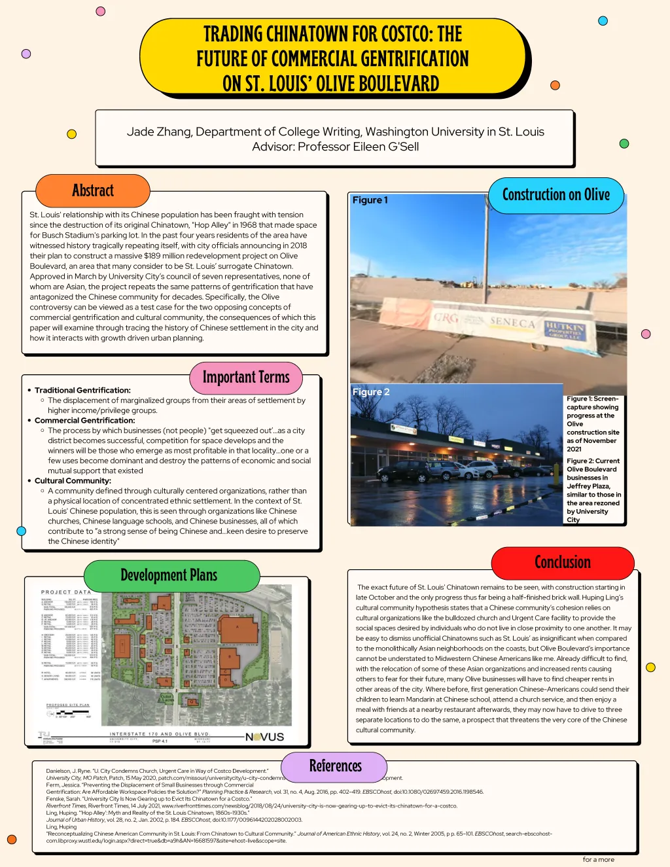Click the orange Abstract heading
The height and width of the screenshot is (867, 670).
[x=93, y=191]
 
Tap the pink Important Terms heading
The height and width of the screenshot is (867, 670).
[x=246, y=378]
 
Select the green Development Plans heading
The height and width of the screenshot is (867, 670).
[x=169, y=575]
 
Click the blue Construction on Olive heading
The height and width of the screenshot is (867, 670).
[x=555, y=195]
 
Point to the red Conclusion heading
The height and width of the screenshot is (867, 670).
[x=563, y=562]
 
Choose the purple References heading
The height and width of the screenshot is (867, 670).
[x=335, y=766]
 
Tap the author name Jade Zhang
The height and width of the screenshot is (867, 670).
[x=158, y=132]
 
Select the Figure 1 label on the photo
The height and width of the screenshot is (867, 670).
[x=370, y=200]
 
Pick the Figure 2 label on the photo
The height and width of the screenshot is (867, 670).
[x=371, y=392]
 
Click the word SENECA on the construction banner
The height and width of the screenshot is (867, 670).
[x=512, y=323]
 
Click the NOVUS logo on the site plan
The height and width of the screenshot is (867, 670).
[x=264, y=737]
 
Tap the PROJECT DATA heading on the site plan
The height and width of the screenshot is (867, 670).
[x=66, y=592]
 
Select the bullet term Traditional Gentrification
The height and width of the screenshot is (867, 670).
[x=82, y=390]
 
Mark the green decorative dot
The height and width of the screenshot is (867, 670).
[x=624, y=143]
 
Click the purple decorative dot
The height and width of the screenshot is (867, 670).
[x=26, y=54]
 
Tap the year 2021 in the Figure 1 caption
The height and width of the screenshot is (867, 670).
[x=574, y=449]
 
